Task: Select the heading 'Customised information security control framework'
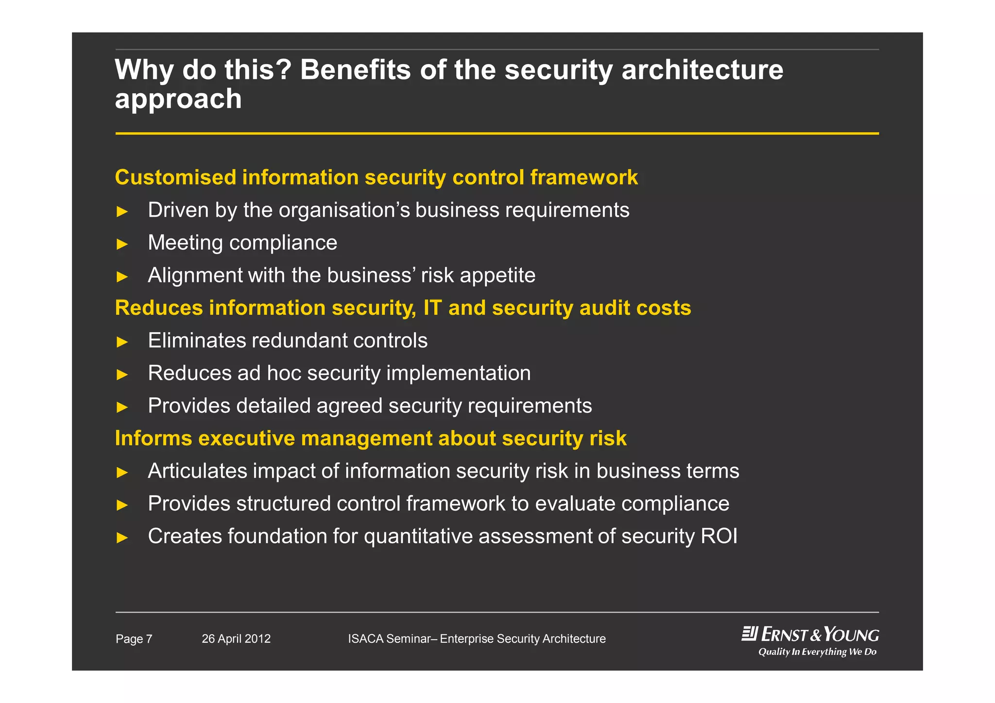(x=376, y=177)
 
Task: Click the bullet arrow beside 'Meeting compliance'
(x=122, y=244)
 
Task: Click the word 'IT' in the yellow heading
(x=432, y=308)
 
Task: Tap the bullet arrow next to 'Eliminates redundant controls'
(x=122, y=342)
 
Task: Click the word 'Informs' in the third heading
(x=154, y=438)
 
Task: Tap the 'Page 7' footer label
(x=134, y=639)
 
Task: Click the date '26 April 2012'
(x=236, y=639)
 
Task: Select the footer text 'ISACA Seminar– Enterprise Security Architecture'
(x=477, y=639)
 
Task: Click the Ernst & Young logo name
(x=820, y=634)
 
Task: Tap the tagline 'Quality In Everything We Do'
(x=817, y=652)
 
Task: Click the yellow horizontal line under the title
(x=497, y=133)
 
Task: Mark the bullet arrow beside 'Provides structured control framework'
(x=122, y=505)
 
